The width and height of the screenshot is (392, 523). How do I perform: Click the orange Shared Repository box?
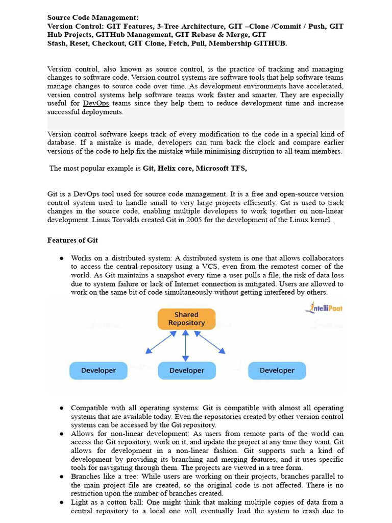pos(186,319)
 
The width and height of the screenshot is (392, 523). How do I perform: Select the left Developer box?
pos(99,370)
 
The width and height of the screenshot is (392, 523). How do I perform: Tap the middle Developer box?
pos(187,370)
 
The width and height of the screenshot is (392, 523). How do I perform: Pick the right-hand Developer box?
pos(277,370)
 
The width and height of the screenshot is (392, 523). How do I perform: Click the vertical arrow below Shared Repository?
pos(186,345)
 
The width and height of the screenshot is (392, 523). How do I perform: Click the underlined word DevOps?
pos(96,103)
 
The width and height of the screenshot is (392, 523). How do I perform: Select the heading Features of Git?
pos(72,240)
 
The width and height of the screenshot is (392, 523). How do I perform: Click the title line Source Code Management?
pos(92,17)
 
